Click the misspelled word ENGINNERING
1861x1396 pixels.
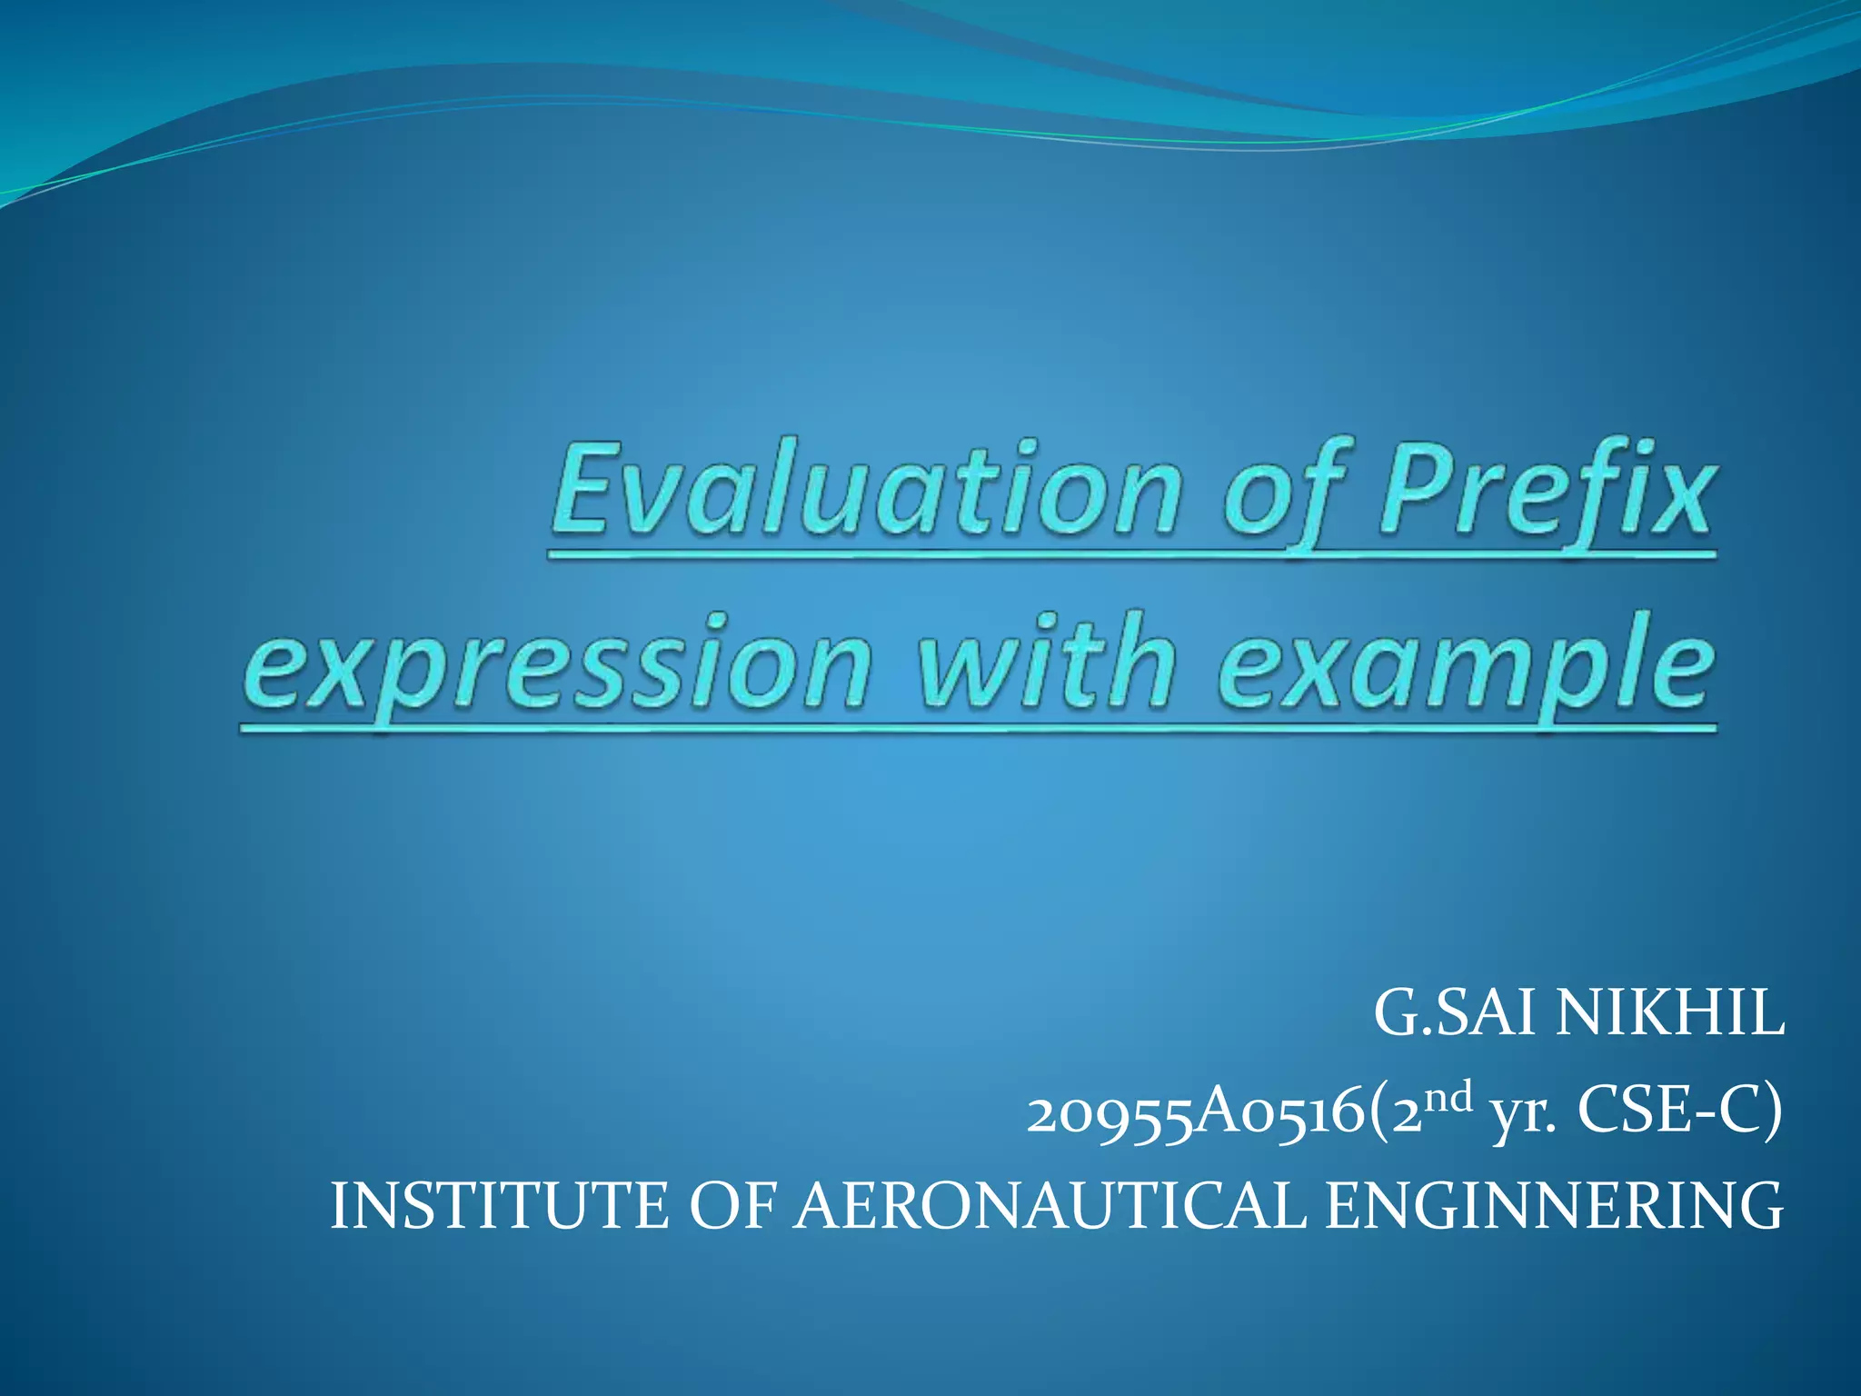[1553, 1205]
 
